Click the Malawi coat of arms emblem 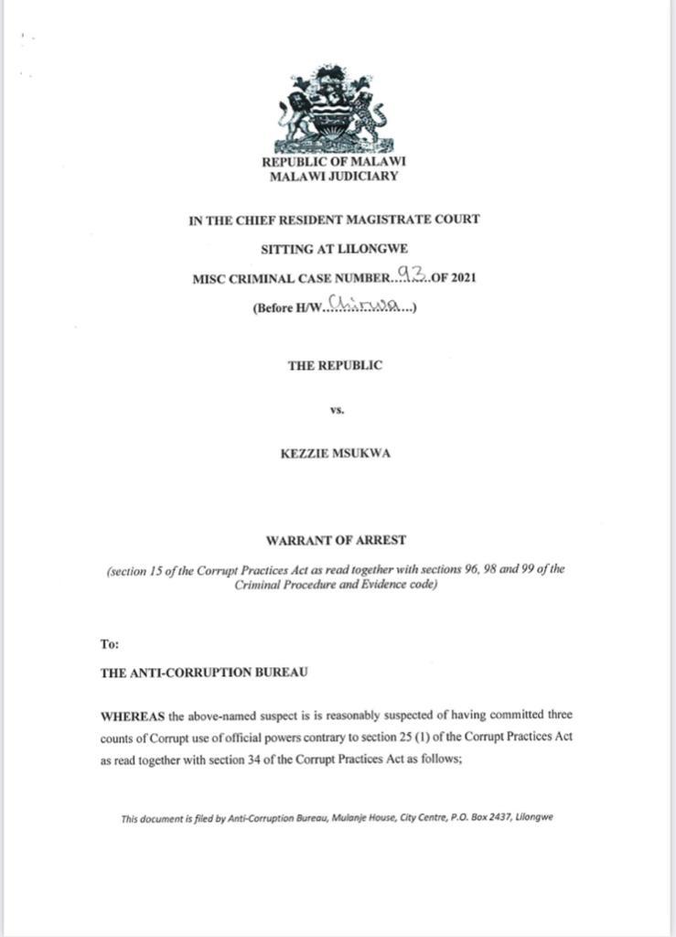pyautogui.click(x=334, y=109)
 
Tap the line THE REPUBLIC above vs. pyautogui.click(x=335, y=365)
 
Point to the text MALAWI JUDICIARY pyautogui.click(x=334, y=177)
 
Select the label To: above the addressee pyautogui.click(x=109, y=644)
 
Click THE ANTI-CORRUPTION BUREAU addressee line pyautogui.click(x=204, y=673)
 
